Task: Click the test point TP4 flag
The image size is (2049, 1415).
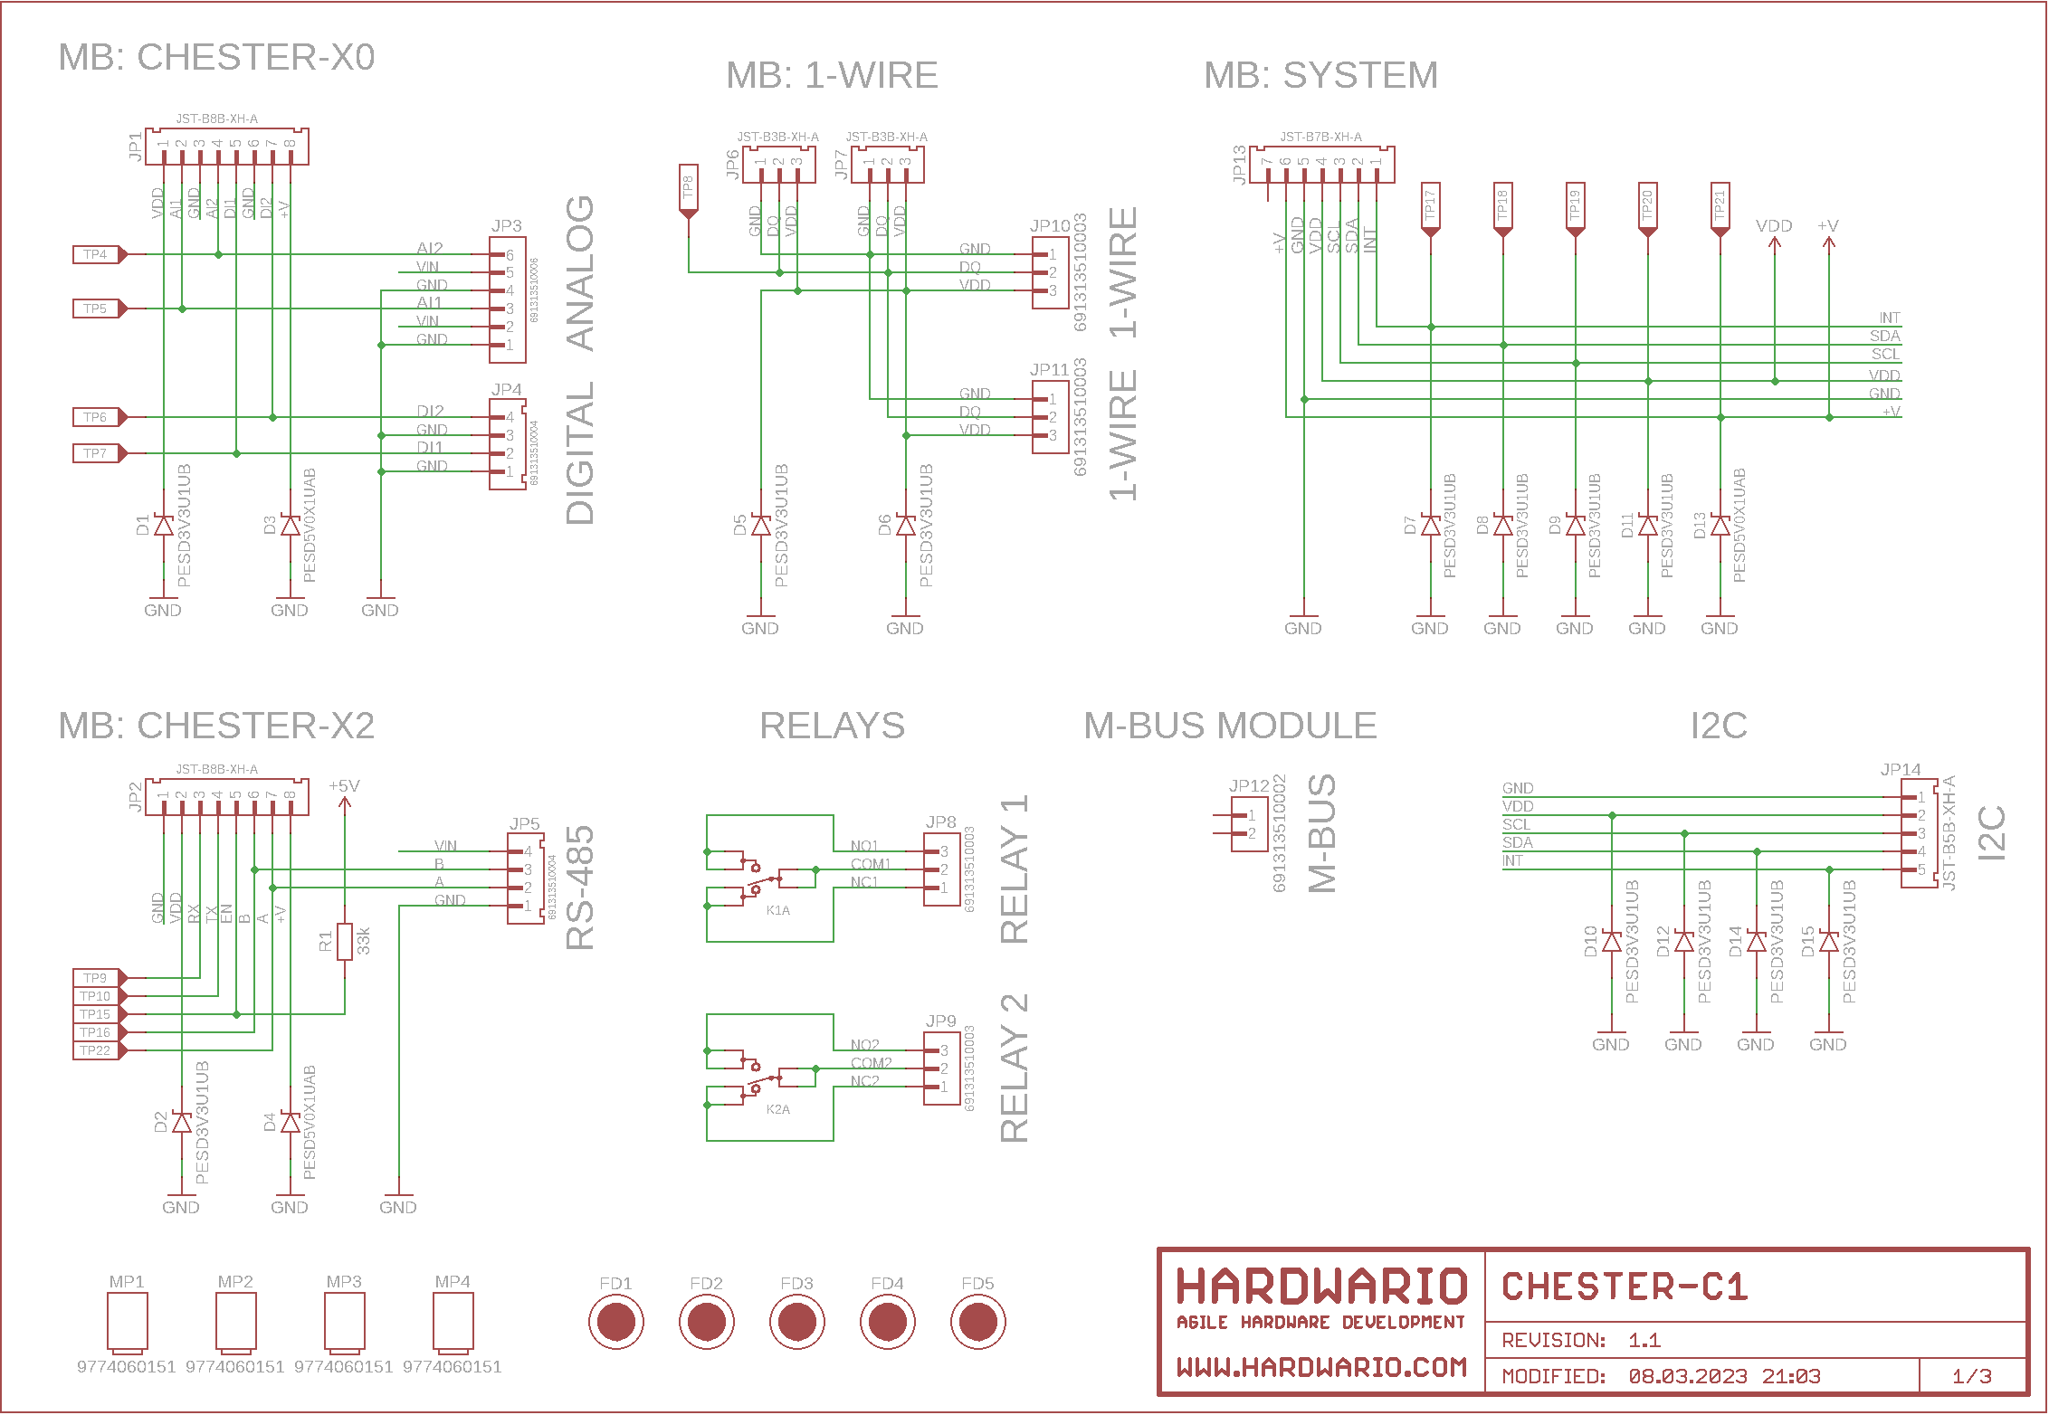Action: tap(97, 255)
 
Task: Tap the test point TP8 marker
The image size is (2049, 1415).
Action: tap(688, 189)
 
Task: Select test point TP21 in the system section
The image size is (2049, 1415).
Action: tap(1720, 207)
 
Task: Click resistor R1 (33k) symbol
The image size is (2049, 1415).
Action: tap(344, 942)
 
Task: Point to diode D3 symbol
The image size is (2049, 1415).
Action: tap(290, 526)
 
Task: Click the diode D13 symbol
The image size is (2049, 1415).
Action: tap(1720, 526)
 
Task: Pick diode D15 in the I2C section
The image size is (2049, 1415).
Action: tap(1828, 942)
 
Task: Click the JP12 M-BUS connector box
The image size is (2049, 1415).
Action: tap(1250, 824)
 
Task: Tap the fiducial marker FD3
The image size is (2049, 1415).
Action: tap(796, 1322)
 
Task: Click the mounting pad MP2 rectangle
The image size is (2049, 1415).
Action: tap(235, 1322)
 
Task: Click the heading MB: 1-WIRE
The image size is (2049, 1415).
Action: tap(832, 75)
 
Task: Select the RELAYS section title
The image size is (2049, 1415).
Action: tap(832, 726)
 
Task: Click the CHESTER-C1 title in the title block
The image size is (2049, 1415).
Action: tap(1625, 1287)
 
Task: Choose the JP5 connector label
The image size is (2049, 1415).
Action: tap(524, 824)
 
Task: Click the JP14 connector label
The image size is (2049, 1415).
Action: tap(1900, 770)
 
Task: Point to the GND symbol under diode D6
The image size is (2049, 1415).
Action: tap(905, 623)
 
